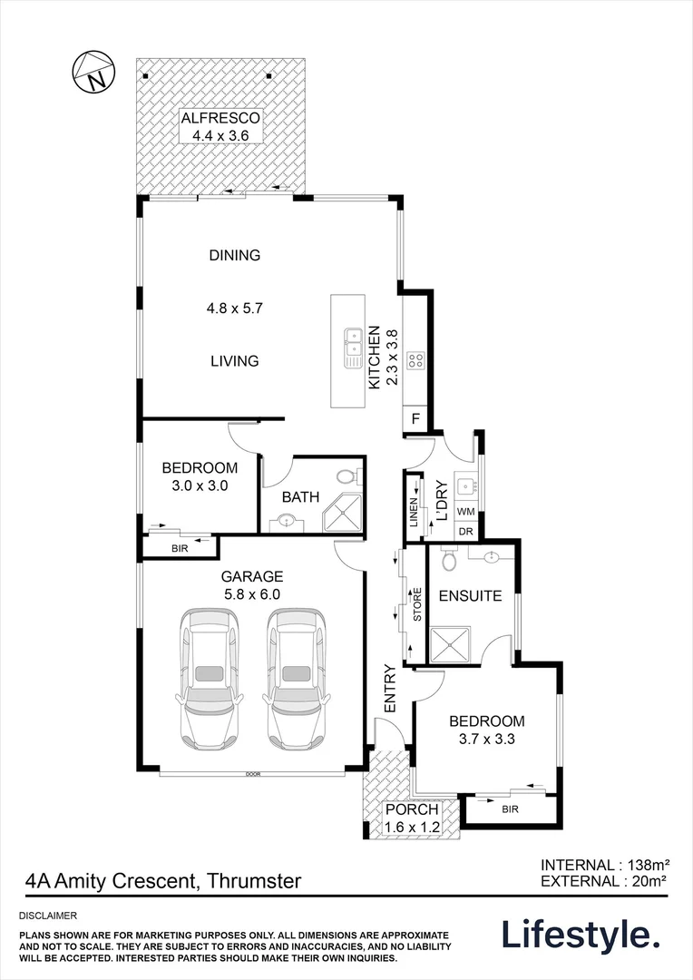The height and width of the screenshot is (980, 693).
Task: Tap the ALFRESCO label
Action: [220, 118]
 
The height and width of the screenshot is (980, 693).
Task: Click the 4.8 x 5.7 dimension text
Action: [233, 308]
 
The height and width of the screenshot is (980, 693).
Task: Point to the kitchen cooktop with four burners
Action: [416, 360]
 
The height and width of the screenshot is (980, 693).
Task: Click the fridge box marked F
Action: [415, 419]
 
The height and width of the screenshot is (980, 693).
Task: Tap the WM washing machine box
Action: [466, 513]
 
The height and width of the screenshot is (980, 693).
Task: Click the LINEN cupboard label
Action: [414, 514]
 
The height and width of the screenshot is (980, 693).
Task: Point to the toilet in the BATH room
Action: [345, 476]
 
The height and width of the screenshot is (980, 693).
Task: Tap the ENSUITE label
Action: [470, 596]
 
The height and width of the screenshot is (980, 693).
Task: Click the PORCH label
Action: [412, 809]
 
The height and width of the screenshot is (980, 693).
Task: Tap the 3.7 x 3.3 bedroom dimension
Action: [487, 739]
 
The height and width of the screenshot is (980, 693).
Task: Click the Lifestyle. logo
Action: [581, 935]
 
